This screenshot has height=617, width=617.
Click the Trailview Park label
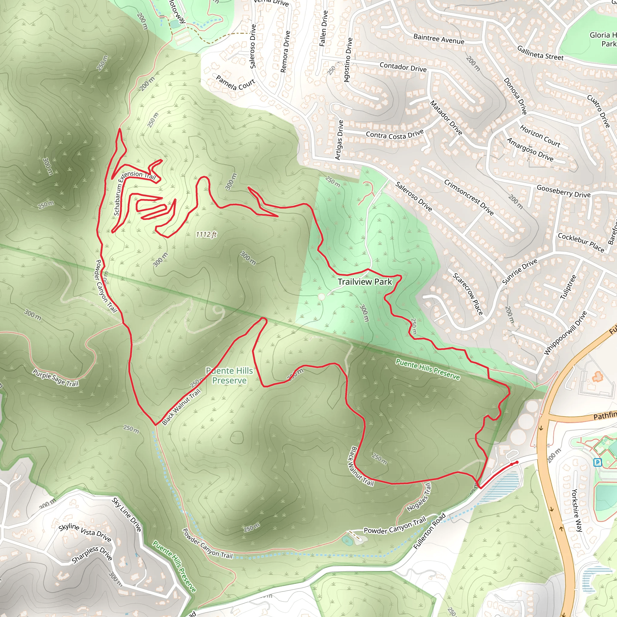[x=365, y=282]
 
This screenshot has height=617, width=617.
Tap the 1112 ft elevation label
[x=206, y=235]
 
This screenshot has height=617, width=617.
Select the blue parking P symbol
[x=597, y=462]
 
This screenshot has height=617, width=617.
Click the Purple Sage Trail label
[x=55, y=378]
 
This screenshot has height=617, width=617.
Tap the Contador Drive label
[x=403, y=67]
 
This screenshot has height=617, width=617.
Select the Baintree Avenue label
[x=439, y=39]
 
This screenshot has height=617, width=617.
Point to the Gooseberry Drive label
[x=564, y=191]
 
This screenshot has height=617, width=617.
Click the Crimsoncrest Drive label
[x=469, y=197]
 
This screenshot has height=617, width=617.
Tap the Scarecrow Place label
[x=468, y=294]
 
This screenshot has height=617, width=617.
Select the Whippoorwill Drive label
[x=565, y=333]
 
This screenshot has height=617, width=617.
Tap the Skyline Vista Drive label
[x=85, y=533]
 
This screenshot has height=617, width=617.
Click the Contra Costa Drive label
[x=395, y=135]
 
